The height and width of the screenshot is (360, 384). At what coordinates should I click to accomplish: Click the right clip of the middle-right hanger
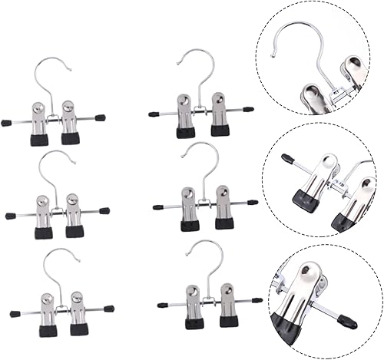(223, 206)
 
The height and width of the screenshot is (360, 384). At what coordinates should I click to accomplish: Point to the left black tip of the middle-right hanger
(157, 207)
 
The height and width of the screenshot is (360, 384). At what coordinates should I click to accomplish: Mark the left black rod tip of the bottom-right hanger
(162, 305)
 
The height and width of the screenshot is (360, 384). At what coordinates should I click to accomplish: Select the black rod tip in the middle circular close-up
(287, 159)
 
